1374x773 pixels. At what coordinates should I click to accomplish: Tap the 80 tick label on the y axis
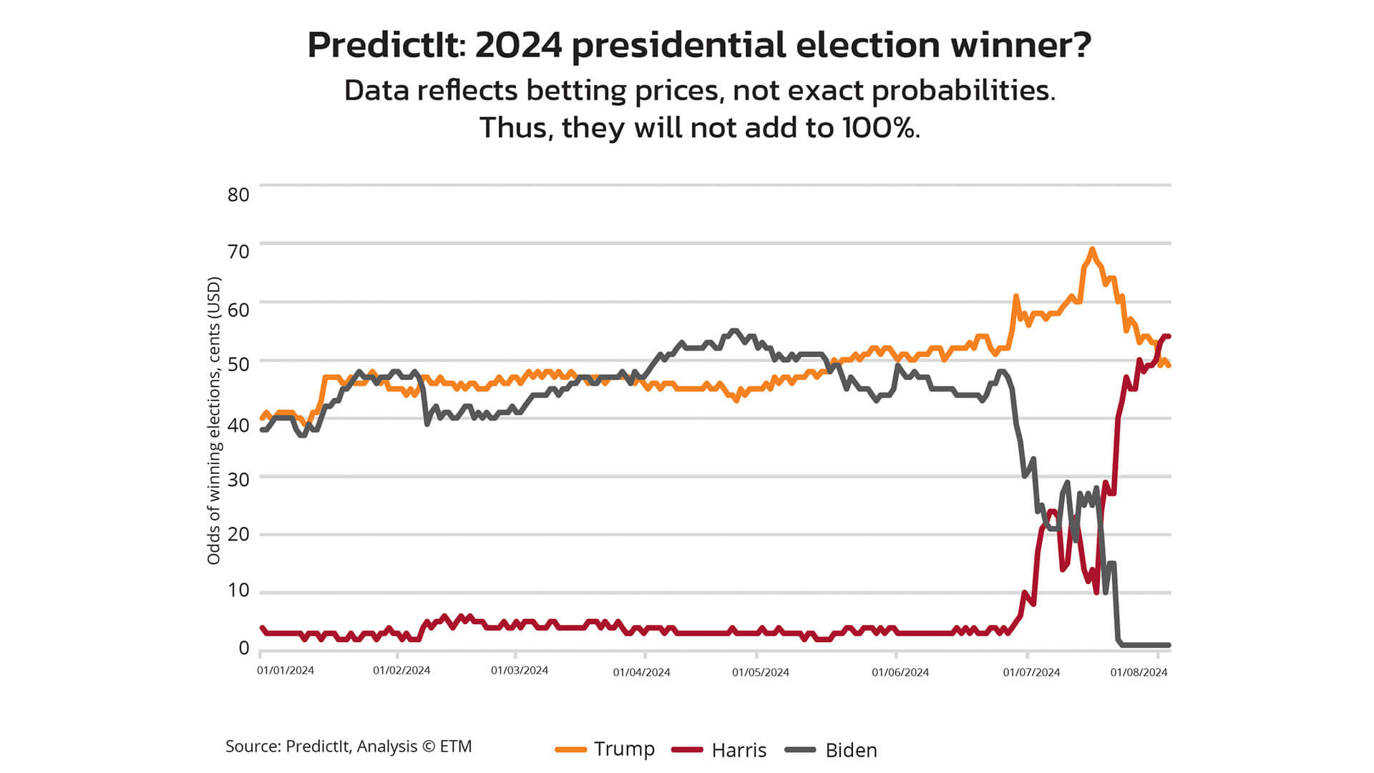coord(238,195)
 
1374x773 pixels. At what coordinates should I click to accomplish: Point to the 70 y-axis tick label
coord(238,251)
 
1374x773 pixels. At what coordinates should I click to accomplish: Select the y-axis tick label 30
coord(238,480)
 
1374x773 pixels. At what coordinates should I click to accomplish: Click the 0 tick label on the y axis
coord(244,648)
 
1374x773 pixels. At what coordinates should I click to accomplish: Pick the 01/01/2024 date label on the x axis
coord(286,671)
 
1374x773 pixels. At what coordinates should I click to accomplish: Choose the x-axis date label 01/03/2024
coord(520,671)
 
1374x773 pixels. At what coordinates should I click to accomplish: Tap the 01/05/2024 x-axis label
coord(761,673)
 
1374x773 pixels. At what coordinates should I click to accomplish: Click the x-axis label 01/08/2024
coord(1139,673)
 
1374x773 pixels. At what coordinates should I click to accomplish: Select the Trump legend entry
coord(605,749)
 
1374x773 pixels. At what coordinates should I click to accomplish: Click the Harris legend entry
coord(719,750)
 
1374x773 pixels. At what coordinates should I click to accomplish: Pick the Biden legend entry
coord(832,750)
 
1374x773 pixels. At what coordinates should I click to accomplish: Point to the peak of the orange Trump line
coord(1091,250)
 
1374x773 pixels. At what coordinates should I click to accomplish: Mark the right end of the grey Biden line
coord(1169,645)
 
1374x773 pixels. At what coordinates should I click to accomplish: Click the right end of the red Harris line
coord(1168,336)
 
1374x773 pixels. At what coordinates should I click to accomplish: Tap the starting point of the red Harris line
coord(262,628)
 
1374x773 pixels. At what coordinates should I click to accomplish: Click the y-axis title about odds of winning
coord(214,420)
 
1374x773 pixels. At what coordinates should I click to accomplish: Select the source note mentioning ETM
coord(349,747)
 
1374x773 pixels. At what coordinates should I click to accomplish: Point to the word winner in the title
coord(1020,45)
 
